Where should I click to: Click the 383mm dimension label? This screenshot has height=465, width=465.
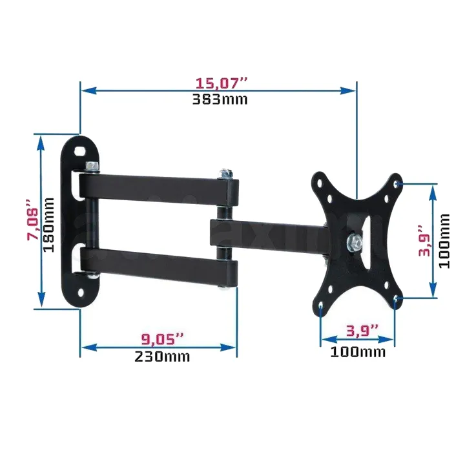(220, 99)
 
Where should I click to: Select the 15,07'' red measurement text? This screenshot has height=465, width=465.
(222, 83)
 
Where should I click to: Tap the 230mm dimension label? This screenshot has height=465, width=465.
(162, 356)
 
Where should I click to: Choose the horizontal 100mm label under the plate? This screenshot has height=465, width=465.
(357, 352)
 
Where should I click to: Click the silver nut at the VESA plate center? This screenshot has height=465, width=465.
(353, 243)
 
